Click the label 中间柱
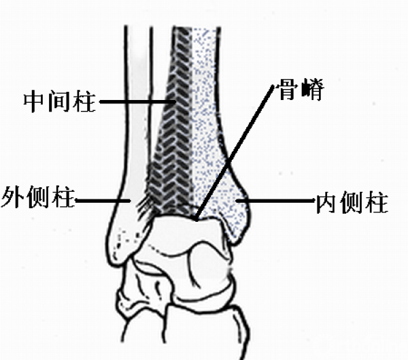click(60, 101)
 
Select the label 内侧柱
click(352, 202)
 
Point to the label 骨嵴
click(301, 89)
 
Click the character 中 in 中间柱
click(35, 101)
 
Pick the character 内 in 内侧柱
click(326, 202)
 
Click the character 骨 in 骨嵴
click(288, 89)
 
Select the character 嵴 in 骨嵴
click(313, 89)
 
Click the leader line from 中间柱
click(137, 101)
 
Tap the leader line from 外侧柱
click(103, 201)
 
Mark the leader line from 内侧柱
click(275, 201)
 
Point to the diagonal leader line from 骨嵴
click(235, 153)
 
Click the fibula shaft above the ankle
click(138, 104)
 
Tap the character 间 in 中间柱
click(60, 101)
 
